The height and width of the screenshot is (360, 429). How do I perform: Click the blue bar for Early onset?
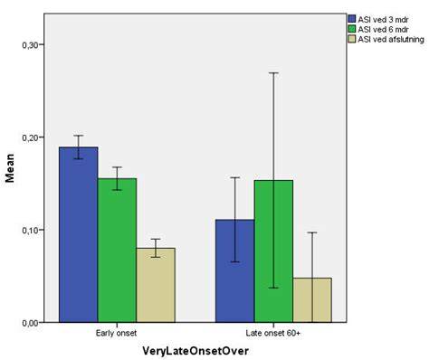point(79,234)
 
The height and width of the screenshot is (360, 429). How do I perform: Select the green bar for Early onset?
point(117,251)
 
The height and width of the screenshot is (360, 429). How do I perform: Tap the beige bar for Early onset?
point(156,285)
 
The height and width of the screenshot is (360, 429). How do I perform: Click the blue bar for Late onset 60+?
point(235,271)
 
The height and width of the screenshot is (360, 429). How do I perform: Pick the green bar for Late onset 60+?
point(273,251)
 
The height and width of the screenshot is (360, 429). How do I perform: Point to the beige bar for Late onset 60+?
point(312,300)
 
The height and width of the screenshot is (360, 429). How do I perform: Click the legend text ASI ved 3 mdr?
point(383,20)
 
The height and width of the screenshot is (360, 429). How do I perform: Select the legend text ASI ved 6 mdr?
point(383,30)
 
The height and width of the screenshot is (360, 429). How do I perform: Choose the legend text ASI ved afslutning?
point(391,40)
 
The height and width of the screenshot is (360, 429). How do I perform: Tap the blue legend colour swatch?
point(352,19)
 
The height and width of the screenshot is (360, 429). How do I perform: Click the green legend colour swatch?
point(352,29)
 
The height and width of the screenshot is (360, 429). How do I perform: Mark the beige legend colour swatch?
point(352,39)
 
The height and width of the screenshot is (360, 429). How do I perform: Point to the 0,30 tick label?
point(29,45)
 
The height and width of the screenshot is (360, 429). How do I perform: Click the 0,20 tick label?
point(29,137)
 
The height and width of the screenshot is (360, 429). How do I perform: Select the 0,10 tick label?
point(29,230)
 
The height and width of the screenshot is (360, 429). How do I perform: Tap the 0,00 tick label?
point(29,323)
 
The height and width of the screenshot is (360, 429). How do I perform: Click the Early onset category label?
point(116,333)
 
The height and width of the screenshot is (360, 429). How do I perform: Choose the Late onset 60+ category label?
point(273,333)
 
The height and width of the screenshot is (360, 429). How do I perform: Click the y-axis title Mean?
point(10,168)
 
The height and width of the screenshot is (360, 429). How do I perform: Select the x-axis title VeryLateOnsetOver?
point(195,351)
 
